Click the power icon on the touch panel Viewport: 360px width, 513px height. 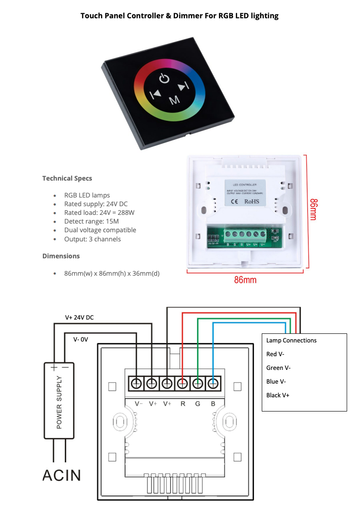click(x=164, y=79)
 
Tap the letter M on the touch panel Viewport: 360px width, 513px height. click(x=174, y=100)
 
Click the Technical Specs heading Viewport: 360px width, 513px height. click(x=67, y=178)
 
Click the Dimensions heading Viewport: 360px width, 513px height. click(x=61, y=256)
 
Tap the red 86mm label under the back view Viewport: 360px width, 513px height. click(x=245, y=280)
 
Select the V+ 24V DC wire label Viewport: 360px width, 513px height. click(x=79, y=317)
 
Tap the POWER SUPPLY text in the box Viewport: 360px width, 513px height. click(x=59, y=403)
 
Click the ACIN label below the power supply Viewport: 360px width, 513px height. click(x=62, y=475)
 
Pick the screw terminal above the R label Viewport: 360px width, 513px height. click(x=182, y=384)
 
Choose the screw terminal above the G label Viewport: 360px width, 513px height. click(x=197, y=384)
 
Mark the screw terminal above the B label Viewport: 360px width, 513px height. click(x=213, y=384)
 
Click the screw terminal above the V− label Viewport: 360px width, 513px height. click(x=136, y=384)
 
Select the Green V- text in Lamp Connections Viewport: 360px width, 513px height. click(x=278, y=368)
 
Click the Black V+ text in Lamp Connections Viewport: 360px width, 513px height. click(x=278, y=395)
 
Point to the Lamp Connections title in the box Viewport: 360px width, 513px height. click(x=291, y=340)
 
